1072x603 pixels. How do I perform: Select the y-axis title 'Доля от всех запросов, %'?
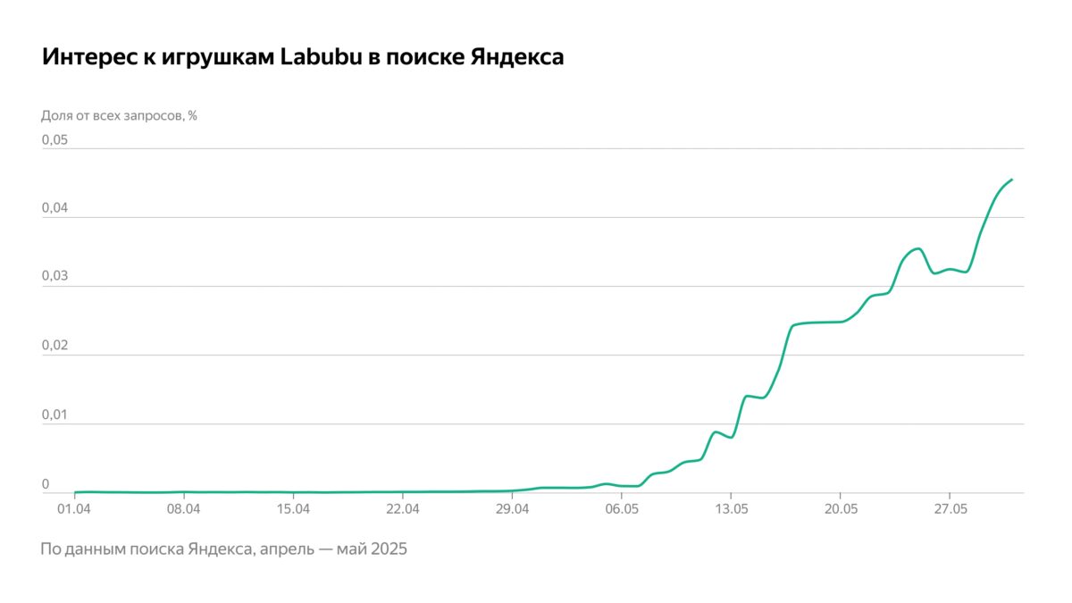tap(119, 115)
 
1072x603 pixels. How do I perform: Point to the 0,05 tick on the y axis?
tap(55, 140)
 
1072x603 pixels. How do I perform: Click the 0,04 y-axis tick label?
tap(55, 208)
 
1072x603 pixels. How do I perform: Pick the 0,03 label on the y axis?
tap(55, 277)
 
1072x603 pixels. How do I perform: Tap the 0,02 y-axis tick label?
tap(55, 346)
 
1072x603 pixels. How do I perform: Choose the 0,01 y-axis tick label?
tap(55, 415)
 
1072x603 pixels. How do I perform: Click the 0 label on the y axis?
tap(46, 484)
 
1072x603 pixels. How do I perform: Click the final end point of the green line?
tap(1011, 180)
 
